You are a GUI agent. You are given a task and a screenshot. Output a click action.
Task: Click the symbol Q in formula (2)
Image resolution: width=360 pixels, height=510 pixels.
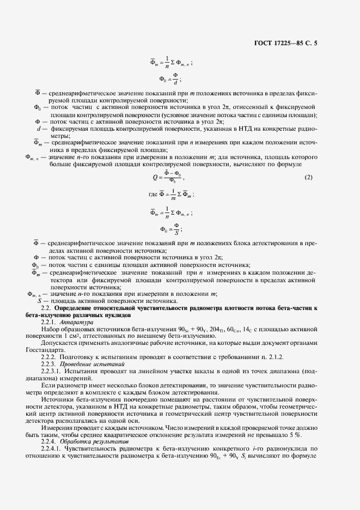[155, 177]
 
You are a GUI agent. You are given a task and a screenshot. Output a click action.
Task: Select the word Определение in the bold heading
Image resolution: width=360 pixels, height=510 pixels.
[79, 309]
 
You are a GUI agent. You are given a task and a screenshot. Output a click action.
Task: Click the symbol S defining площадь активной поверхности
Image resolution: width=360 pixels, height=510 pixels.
[39, 301]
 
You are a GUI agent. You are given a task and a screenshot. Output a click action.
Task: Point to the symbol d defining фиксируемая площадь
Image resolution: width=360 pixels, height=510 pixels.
[39, 128]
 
